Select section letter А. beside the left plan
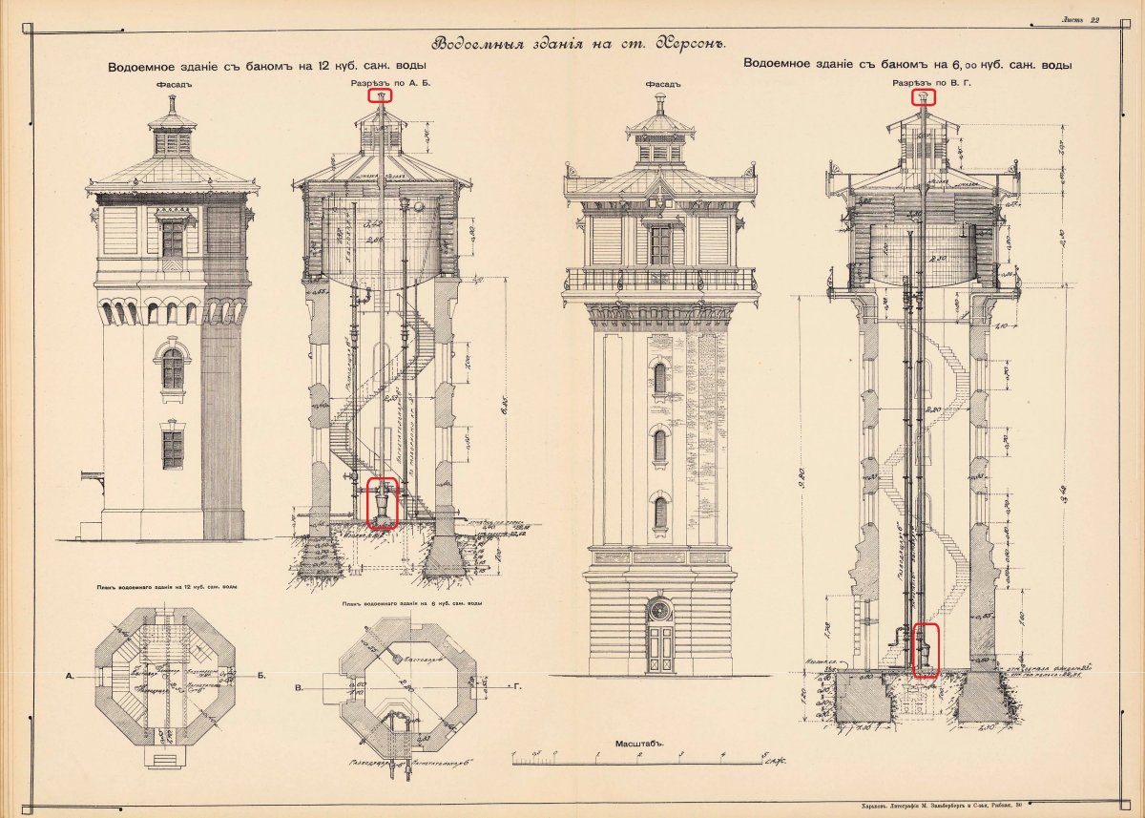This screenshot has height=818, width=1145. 71,676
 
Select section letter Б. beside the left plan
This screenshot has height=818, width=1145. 261,676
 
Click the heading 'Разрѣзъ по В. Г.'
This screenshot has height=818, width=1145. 923,84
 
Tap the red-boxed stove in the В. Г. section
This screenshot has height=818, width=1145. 926,650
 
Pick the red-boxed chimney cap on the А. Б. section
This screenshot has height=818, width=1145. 381,95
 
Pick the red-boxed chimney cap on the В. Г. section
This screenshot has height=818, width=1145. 923,96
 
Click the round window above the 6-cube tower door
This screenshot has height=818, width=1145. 659,608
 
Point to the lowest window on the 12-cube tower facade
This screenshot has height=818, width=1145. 172,448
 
